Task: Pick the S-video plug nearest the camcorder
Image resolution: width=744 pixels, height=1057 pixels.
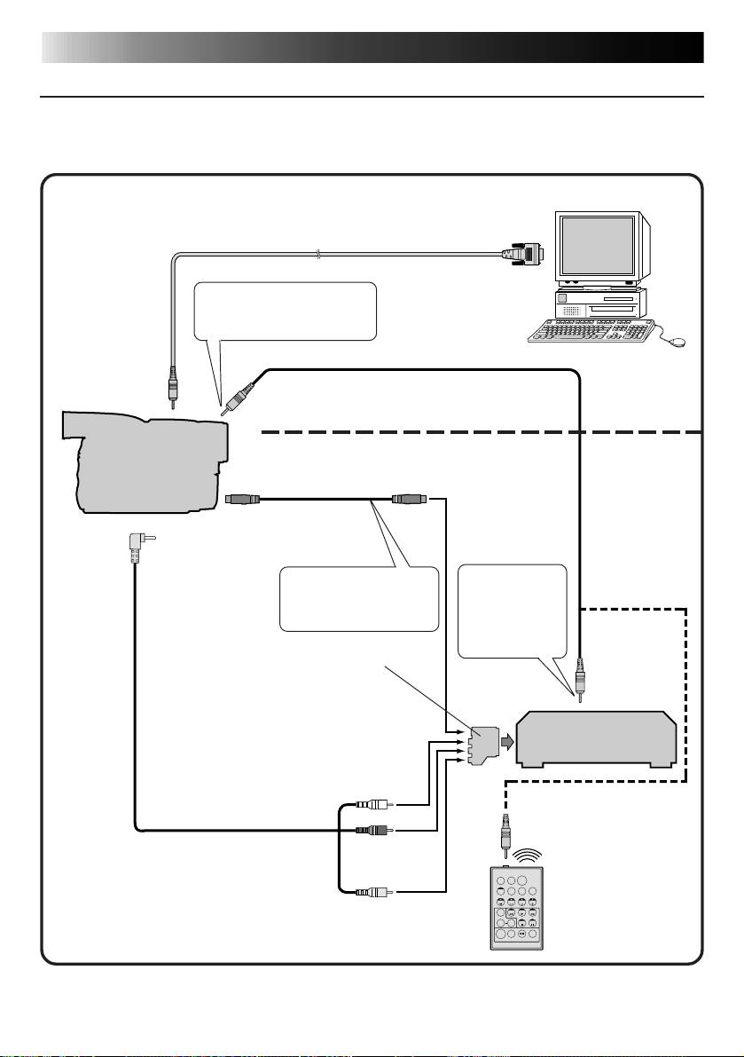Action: (x=242, y=499)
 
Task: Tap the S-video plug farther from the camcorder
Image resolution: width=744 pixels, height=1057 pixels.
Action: (x=411, y=499)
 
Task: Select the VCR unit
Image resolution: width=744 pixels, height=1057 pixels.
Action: (x=596, y=738)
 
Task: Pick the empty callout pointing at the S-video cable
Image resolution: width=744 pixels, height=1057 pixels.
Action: (x=359, y=598)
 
